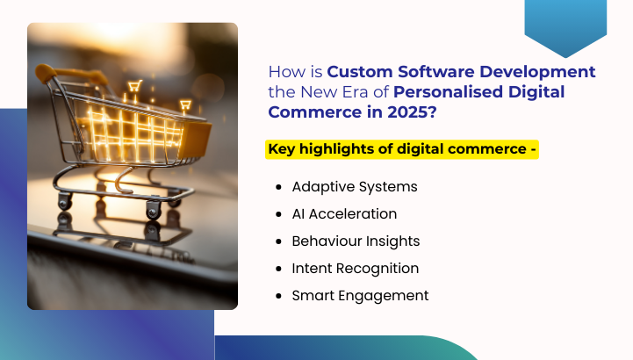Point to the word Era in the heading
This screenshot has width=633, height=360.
(356, 92)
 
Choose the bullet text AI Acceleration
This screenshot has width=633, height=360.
(344, 213)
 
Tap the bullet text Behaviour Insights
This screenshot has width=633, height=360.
(356, 241)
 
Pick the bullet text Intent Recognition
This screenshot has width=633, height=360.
(356, 268)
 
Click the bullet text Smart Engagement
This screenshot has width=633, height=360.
(360, 295)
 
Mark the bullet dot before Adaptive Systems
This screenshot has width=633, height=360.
(278, 187)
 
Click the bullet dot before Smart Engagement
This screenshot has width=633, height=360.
(278, 296)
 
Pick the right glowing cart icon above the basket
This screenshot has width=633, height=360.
(185, 106)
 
